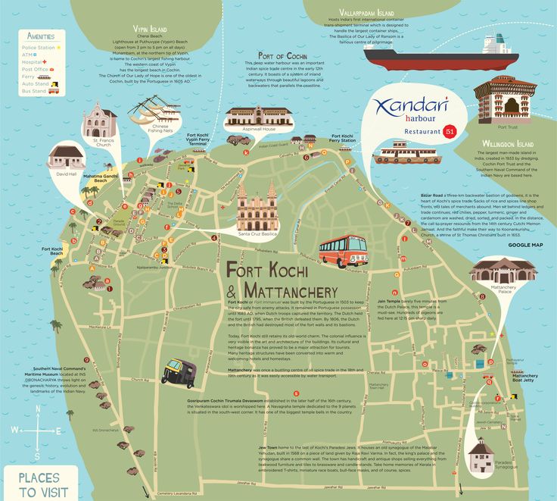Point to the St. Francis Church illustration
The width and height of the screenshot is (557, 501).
101,121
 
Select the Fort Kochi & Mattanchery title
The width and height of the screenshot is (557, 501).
281,279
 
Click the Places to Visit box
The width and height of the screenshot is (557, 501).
38,484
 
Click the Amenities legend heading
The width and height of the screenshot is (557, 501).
40,36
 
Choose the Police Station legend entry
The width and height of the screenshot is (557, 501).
39,47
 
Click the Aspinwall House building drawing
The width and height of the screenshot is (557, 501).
258,120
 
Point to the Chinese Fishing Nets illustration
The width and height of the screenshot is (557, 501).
156,111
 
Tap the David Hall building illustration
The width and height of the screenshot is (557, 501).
67,158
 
